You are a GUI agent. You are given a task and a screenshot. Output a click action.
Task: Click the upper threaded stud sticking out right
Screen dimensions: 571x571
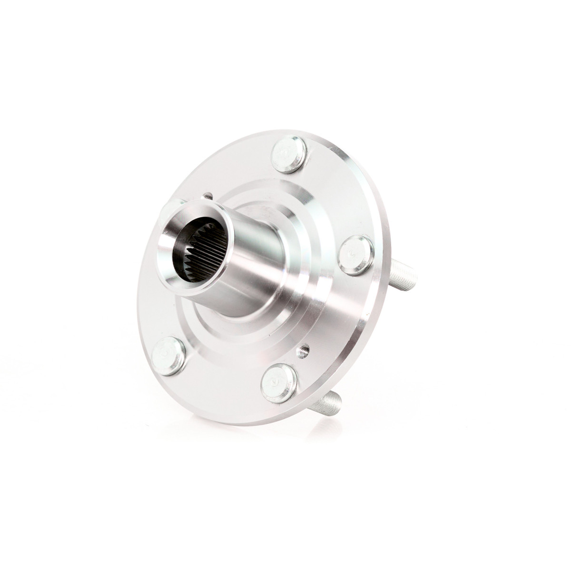point(404,276)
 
